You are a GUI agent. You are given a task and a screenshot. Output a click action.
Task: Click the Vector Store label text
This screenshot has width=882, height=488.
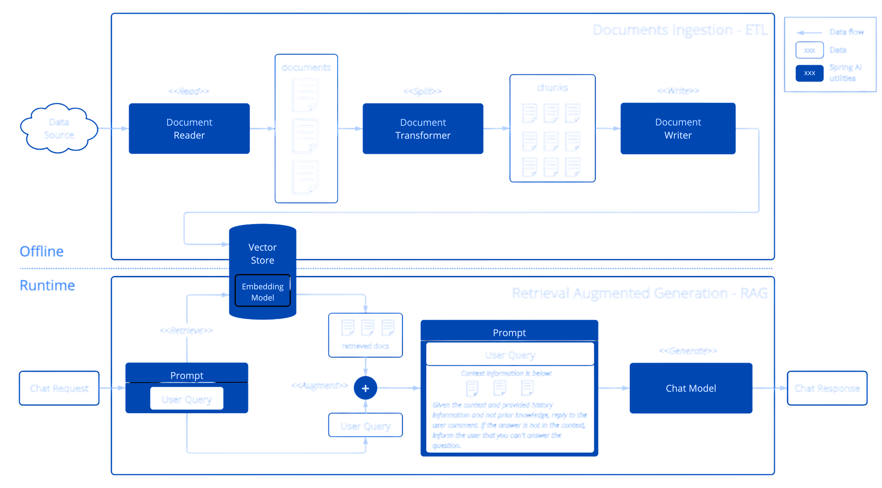coord(263,254)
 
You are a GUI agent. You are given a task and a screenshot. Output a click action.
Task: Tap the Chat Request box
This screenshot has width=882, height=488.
coord(59,388)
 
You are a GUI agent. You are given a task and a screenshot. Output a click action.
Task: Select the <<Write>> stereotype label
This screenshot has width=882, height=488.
coord(678,91)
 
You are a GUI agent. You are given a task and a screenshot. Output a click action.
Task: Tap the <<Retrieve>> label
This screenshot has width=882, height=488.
coord(186,331)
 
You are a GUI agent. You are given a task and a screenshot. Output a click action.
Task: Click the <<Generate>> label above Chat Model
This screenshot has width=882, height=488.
coord(688,351)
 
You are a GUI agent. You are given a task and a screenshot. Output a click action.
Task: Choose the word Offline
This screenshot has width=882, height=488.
coord(42,252)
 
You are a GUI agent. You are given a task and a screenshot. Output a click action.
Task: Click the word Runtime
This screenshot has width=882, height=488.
coord(47,285)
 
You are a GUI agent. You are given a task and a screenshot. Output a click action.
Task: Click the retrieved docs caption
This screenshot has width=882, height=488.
coord(365,346)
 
